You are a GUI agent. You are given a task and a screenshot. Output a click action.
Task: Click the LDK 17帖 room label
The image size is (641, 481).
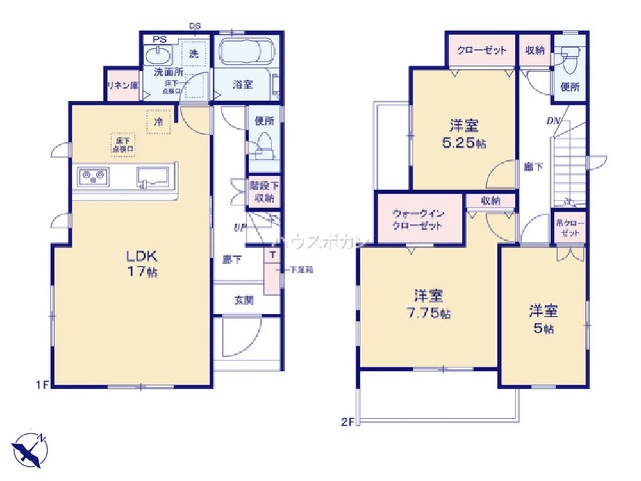(x=142, y=263)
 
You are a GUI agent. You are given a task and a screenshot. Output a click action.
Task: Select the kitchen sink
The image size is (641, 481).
(x=152, y=176)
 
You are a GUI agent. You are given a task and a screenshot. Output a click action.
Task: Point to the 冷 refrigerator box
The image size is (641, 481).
(x=158, y=121)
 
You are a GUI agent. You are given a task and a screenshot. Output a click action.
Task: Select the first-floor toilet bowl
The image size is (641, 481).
(x=263, y=146)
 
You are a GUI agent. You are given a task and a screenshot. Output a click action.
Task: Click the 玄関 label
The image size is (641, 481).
(x=243, y=300)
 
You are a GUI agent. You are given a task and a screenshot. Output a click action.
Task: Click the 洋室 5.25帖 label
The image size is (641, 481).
(x=463, y=134)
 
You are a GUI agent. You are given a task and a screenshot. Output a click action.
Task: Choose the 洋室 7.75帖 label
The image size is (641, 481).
(x=428, y=304)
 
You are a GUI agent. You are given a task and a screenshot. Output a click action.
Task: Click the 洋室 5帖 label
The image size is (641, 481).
(x=543, y=319)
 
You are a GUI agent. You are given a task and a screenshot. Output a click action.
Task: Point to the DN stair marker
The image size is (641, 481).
(x=553, y=121)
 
